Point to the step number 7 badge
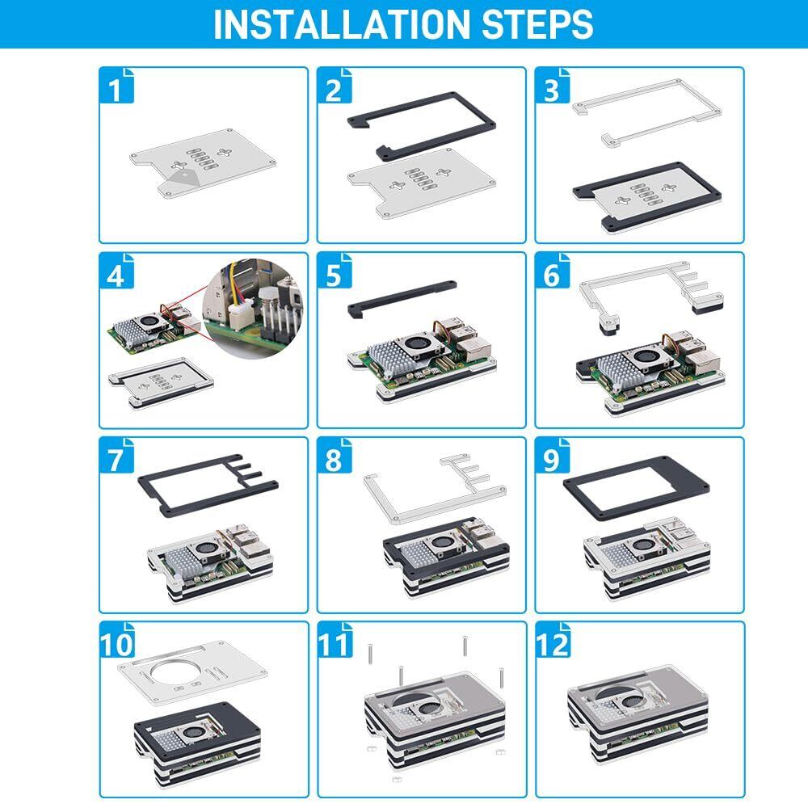pos(118,459)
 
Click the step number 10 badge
pos(120,644)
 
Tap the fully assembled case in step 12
pos(638,711)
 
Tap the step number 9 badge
pos(552,459)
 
